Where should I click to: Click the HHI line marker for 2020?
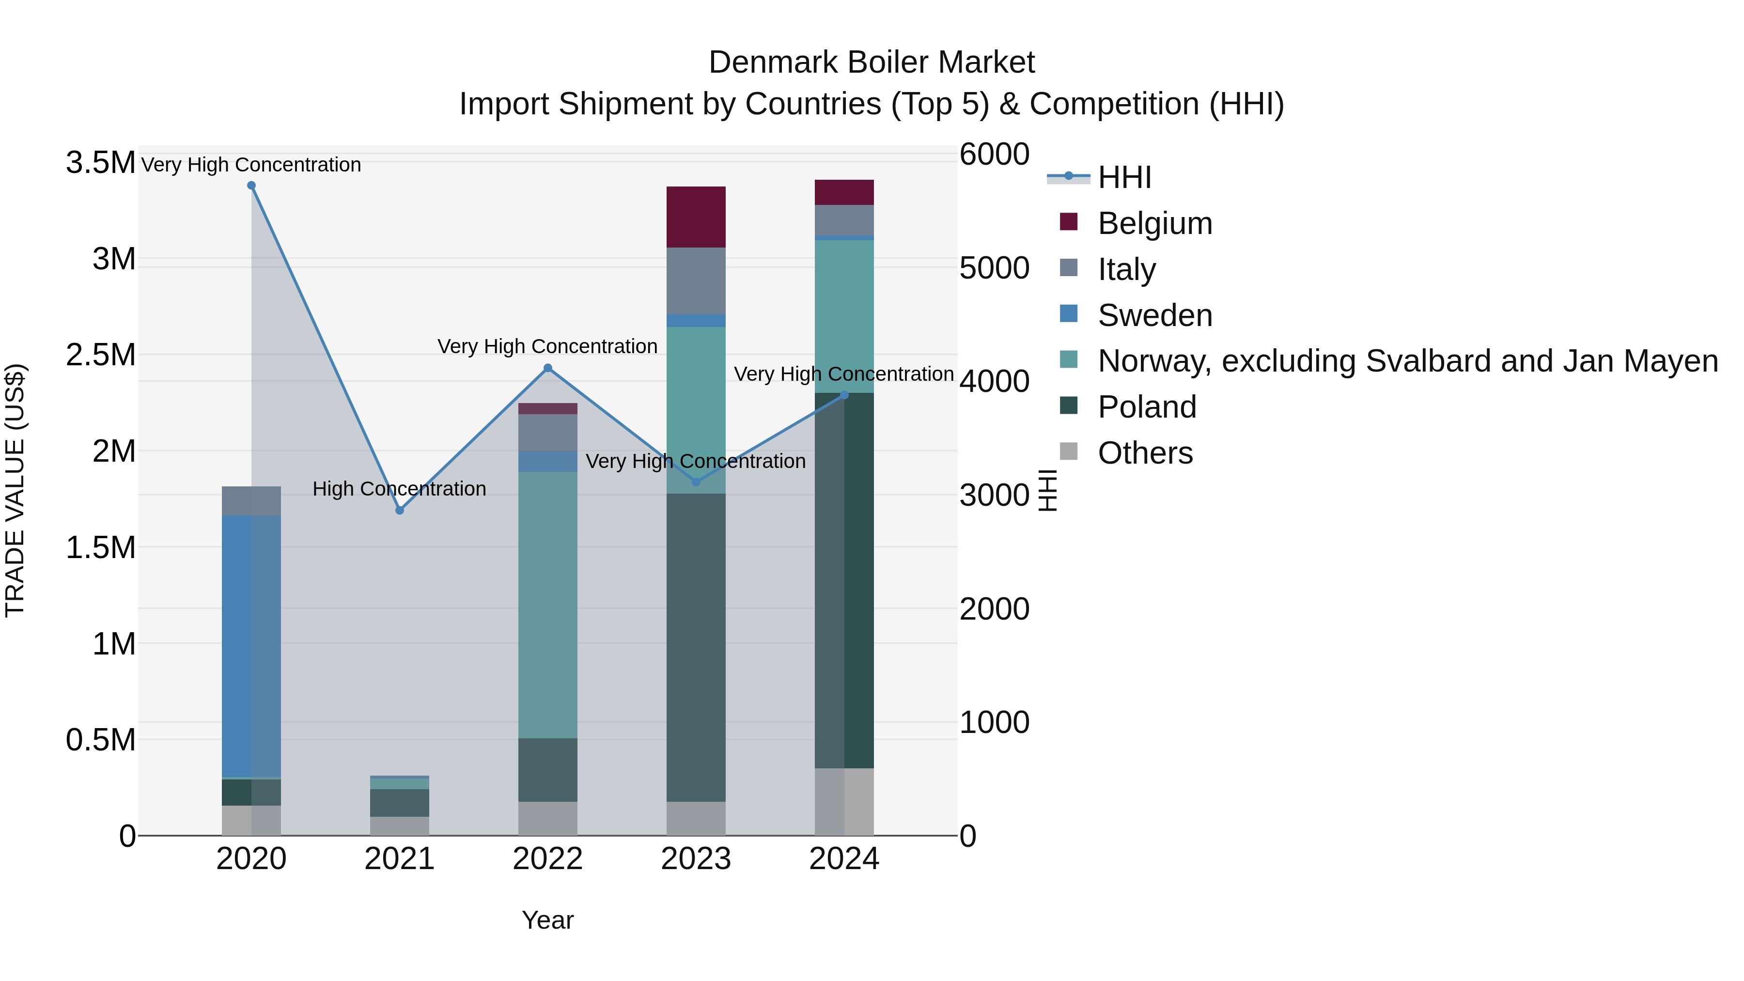pyautogui.click(x=251, y=186)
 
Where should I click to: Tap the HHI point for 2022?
pyautogui.click(x=548, y=368)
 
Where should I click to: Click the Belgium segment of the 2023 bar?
pyautogui.click(x=696, y=217)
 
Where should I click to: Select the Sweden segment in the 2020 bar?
pyautogui.click(x=251, y=647)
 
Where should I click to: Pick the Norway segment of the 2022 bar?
pyautogui.click(x=548, y=605)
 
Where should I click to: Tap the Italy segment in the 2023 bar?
pyautogui.click(x=696, y=280)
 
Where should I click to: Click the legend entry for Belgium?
pyautogui.click(x=1154, y=223)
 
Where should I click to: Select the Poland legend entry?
pyautogui.click(x=1146, y=407)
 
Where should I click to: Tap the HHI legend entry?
pyautogui.click(x=1124, y=177)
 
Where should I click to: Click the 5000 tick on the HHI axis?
pyautogui.click(x=994, y=268)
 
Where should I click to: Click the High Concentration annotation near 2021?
pyautogui.click(x=400, y=489)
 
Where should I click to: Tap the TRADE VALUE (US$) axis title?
pyautogui.click(x=15, y=490)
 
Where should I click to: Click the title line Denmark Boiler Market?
pyautogui.click(x=872, y=62)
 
